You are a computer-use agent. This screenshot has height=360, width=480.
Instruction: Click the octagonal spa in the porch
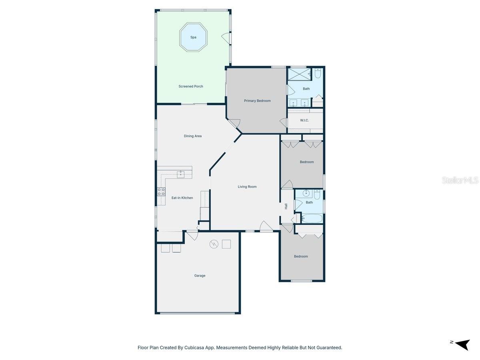[x=193, y=37]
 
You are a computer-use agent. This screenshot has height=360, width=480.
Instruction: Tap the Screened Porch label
[x=191, y=86]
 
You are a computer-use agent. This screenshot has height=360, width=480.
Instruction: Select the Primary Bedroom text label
[x=257, y=101]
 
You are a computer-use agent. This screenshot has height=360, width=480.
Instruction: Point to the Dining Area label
[x=192, y=136]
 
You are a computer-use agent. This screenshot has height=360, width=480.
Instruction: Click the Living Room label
[x=247, y=187]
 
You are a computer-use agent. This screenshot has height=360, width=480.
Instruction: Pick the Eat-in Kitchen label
[x=182, y=198]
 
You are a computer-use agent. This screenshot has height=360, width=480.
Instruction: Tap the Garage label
[x=200, y=276]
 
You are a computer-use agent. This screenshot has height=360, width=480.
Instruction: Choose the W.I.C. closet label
[x=304, y=120]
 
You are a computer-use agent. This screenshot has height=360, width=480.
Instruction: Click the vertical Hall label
[x=286, y=206]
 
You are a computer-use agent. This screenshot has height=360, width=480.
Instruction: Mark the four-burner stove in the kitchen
[x=161, y=192]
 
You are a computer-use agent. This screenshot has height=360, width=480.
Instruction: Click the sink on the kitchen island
[x=181, y=174]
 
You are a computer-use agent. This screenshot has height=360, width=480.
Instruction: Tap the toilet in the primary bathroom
[x=318, y=74]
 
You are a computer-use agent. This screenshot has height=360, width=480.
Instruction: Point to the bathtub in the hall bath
[x=312, y=218]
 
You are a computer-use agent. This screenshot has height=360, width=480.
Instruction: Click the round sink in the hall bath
[x=306, y=194]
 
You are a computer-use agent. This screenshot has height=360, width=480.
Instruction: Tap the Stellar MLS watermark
[x=460, y=180]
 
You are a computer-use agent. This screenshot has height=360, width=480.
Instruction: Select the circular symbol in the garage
[x=214, y=244]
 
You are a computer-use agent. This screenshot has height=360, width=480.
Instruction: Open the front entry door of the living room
[x=266, y=227]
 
